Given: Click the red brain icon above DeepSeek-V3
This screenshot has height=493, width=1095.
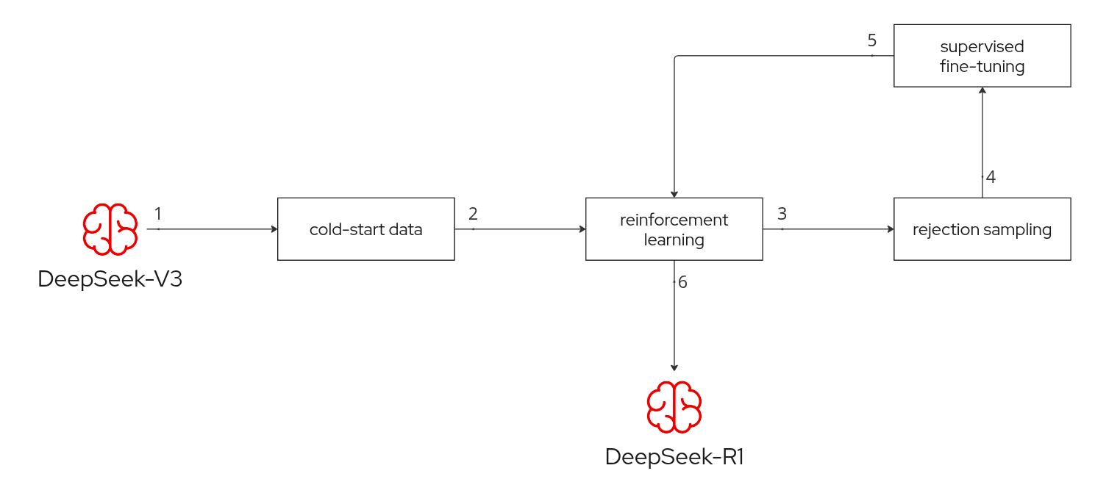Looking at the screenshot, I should click(x=110, y=228).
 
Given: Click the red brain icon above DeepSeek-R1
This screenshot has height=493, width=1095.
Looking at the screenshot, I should click(x=674, y=406).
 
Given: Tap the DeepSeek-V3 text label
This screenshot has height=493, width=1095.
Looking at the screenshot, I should click(x=110, y=280).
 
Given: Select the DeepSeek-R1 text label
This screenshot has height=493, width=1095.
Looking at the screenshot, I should click(x=674, y=457).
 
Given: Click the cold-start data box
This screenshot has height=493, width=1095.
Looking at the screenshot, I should click(x=365, y=228).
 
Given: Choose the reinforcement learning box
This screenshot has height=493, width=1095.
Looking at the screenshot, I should click(x=674, y=228).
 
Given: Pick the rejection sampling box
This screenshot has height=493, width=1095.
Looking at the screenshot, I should click(x=982, y=228).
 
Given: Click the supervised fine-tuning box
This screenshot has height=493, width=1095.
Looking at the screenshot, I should click(x=982, y=56).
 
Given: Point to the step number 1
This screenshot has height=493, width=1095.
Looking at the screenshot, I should click(x=158, y=213).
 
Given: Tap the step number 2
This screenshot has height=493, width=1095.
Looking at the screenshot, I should click(x=473, y=213).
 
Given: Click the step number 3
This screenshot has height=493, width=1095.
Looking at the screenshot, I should click(x=782, y=213).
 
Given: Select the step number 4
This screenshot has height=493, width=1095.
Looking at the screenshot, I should click(x=991, y=177).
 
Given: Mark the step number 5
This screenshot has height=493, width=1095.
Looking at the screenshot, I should click(x=872, y=40).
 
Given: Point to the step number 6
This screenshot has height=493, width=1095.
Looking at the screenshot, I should click(x=683, y=282).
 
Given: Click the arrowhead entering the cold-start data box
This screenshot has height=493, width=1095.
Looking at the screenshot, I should click(x=274, y=229).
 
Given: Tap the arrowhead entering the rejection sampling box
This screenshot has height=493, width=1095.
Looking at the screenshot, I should click(x=891, y=229).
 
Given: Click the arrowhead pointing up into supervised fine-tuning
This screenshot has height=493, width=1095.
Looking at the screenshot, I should click(x=982, y=90).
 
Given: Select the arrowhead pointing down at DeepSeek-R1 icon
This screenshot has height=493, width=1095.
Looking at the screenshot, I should click(x=674, y=367).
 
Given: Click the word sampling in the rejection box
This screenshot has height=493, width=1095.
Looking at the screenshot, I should click(x=1021, y=230).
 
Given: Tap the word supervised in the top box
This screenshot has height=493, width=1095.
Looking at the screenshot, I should click(x=982, y=47).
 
